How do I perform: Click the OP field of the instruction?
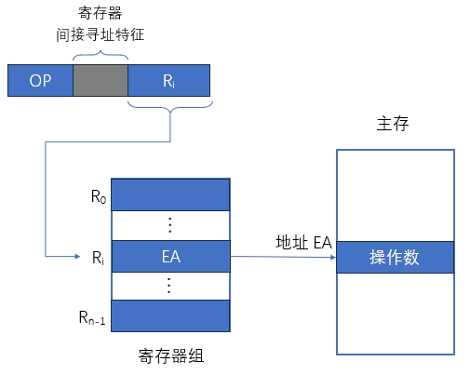point(40,81)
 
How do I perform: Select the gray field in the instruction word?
point(101,81)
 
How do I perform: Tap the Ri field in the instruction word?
point(168,81)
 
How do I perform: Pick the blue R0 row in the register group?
point(169,194)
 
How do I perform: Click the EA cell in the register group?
point(169,256)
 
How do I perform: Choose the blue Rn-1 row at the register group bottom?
point(169,315)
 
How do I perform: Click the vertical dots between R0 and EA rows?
point(169,225)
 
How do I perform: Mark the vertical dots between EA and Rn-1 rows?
point(169,285)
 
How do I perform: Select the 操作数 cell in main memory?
point(394,257)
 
